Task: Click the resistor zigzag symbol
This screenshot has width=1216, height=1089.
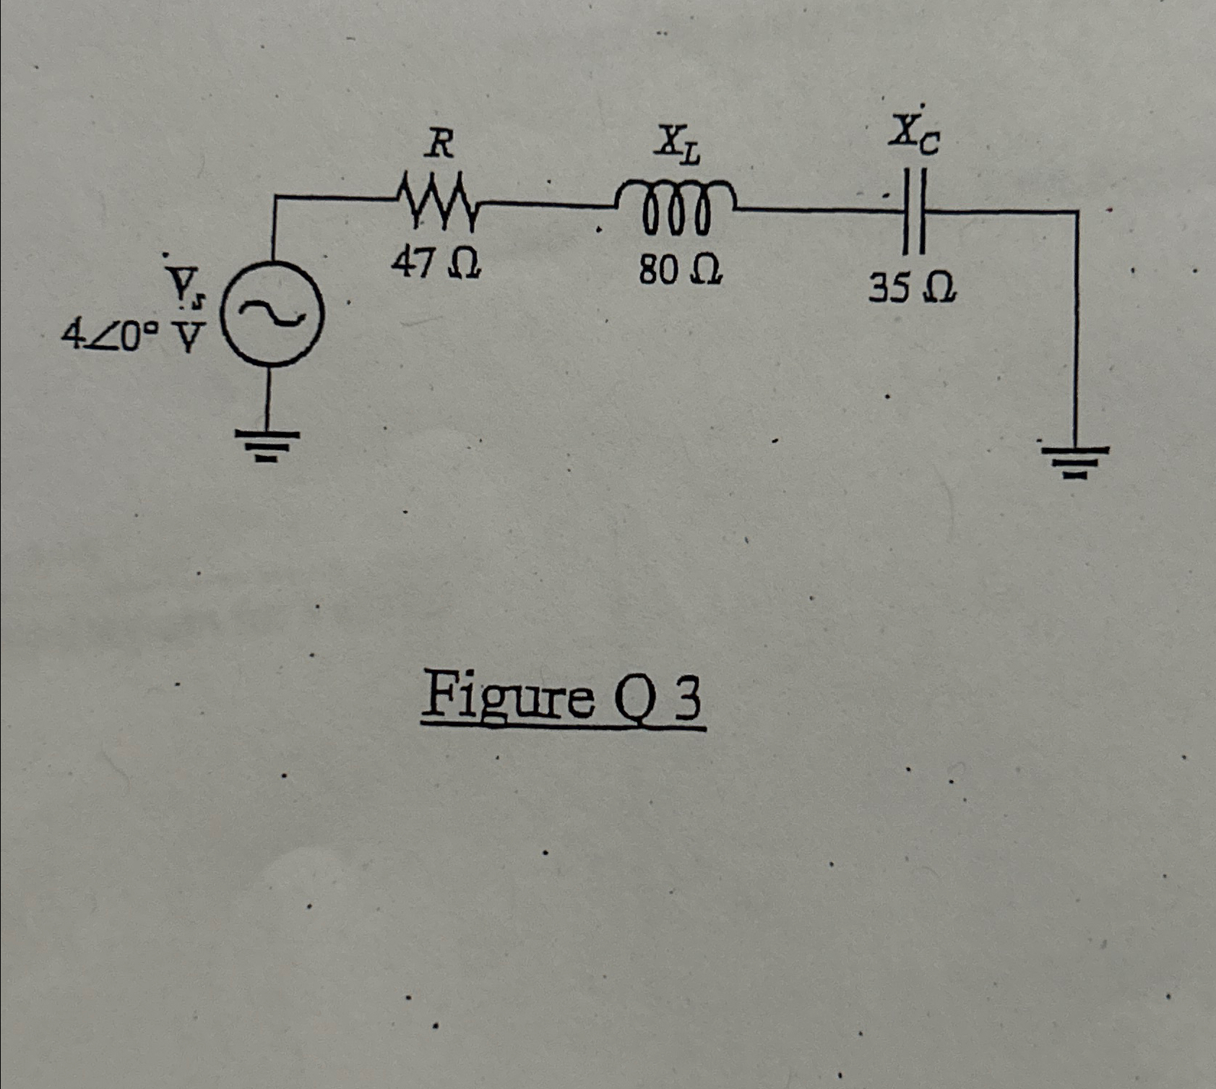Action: [436, 199]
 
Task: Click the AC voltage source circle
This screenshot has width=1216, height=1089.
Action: [272, 315]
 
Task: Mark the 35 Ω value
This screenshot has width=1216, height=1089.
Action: [913, 289]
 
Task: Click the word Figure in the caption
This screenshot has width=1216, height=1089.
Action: [506, 698]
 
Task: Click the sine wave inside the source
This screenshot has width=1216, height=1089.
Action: [272, 314]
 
